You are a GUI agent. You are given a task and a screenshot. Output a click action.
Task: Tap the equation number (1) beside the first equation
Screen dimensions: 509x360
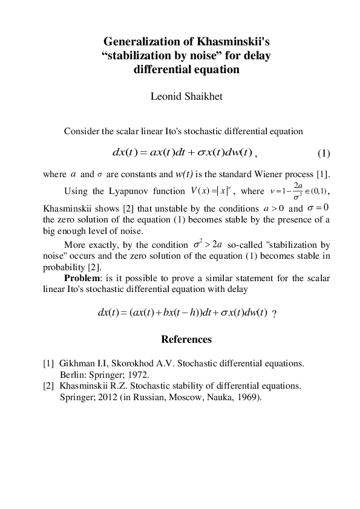tap(324, 151)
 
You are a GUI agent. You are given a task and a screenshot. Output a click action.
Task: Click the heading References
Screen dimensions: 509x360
tap(186, 339)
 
